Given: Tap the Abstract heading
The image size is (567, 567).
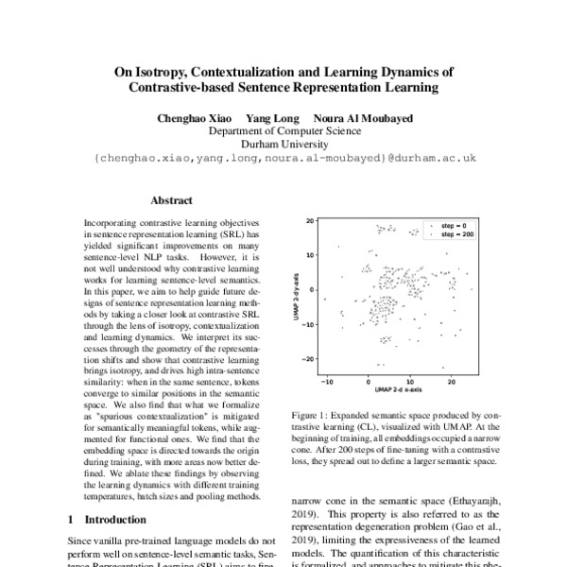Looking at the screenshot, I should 171,201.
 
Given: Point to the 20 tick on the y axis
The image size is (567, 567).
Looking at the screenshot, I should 309,221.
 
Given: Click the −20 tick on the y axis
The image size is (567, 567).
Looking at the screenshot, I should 307,360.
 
